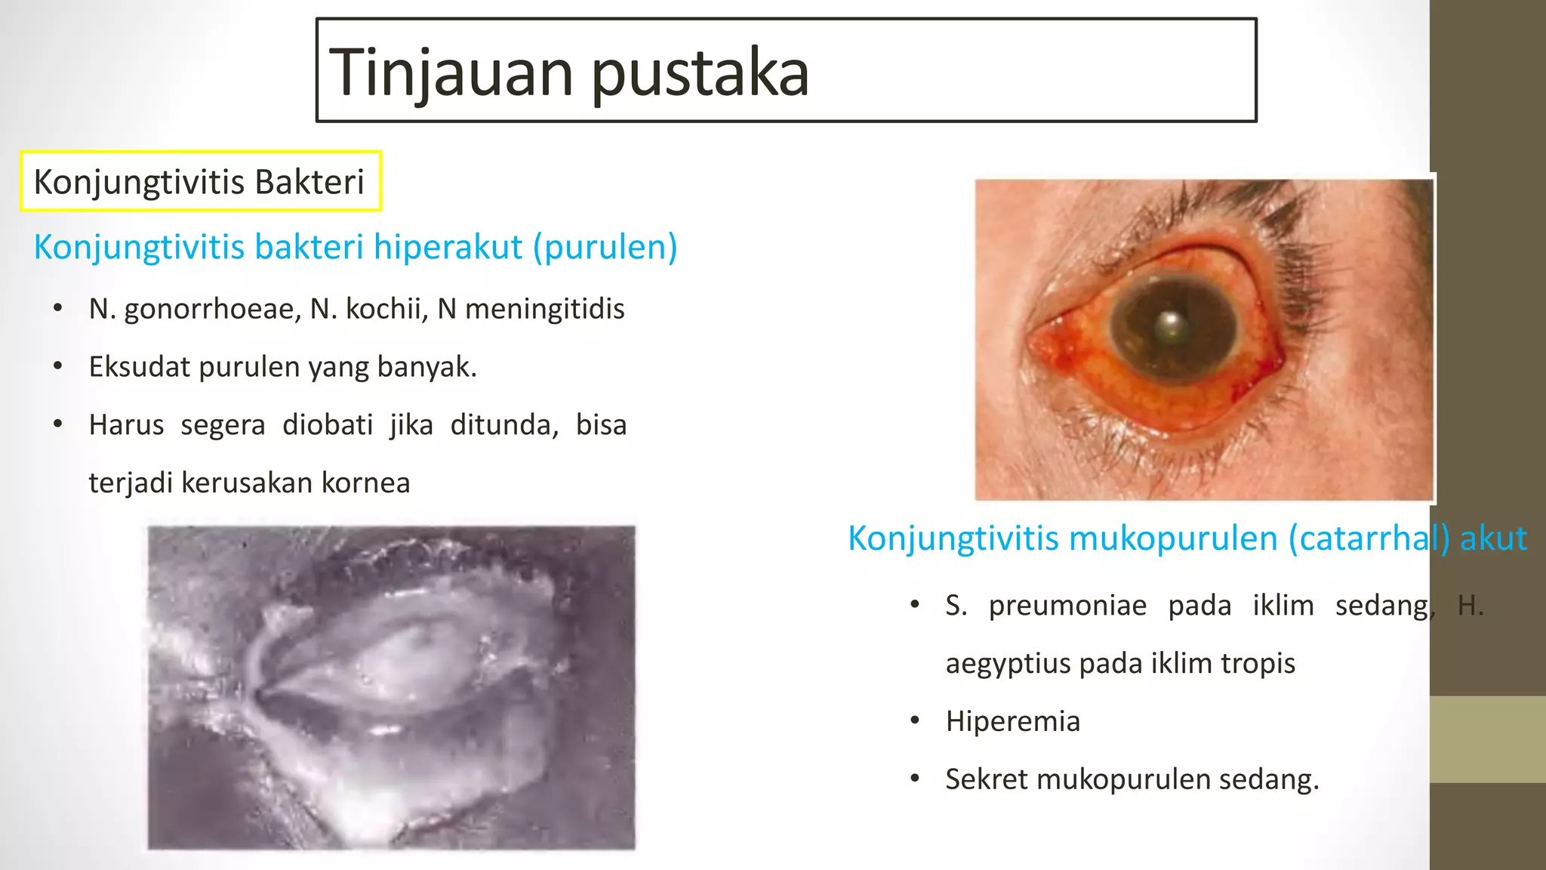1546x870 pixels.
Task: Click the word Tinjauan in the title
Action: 451,72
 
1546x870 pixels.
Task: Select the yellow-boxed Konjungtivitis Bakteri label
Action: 199,182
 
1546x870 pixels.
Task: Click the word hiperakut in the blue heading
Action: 448,247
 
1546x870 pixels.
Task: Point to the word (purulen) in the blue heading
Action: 605,248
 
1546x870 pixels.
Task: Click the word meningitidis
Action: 544,309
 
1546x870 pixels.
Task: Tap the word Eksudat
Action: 138,367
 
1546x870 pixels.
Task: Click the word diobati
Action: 328,425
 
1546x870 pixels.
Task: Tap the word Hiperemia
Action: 1012,721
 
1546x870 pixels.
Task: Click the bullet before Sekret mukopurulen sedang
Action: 915,779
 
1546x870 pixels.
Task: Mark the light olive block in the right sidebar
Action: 1487,739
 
